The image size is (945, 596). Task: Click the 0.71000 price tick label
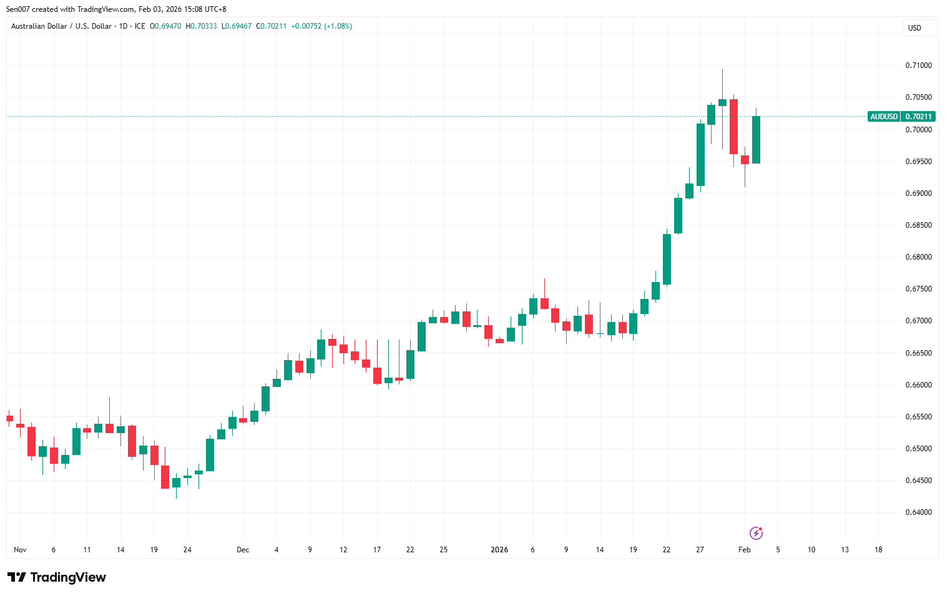click(x=918, y=66)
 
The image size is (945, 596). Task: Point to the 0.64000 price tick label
click(x=918, y=512)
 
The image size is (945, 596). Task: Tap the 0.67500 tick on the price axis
click(x=918, y=289)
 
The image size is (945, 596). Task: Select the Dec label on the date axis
click(x=243, y=550)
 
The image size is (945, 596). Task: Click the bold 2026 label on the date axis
click(x=499, y=550)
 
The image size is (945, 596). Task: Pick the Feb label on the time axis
click(x=744, y=550)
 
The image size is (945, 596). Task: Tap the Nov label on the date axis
click(x=20, y=550)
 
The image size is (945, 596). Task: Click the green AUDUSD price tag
click(x=884, y=117)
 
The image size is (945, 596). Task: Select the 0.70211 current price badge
click(x=919, y=117)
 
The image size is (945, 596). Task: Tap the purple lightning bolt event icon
click(x=756, y=533)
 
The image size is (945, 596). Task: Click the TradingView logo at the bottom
click(x=57, y=577)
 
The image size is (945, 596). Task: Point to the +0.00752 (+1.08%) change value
click(x=321, y=26)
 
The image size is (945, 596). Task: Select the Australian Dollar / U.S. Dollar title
click(x=61, y=26)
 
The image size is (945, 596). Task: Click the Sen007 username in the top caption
click(x=18, y=9)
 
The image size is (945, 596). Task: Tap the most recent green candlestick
click(x=756, y=140)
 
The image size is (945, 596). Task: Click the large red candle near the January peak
click(x=733, y=127)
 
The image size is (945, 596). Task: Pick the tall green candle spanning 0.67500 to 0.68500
click(x=667, y=259)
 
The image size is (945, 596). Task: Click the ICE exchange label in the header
click(x=140, y=26)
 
